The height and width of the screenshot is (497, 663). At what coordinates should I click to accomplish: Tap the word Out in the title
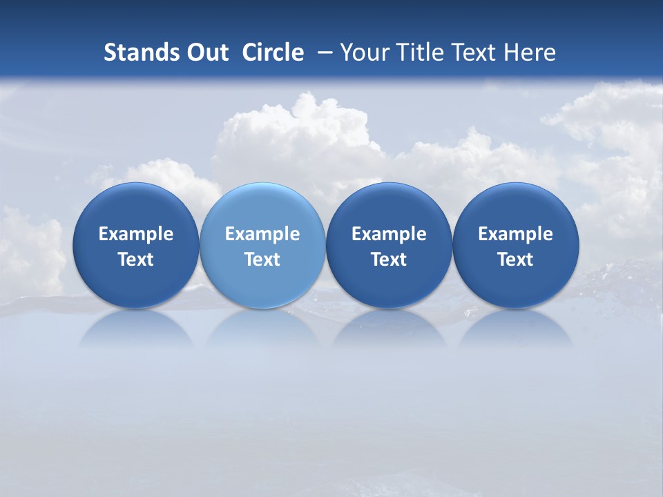(205, 52)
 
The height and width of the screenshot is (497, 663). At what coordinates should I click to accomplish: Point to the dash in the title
(325, 52)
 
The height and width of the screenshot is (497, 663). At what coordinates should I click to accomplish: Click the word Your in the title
(363, 52)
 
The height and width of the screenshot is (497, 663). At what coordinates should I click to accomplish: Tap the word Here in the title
(529, 52)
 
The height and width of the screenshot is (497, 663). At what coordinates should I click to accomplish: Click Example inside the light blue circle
(262, 234)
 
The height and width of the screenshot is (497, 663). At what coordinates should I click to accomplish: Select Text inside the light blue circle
(262, 260)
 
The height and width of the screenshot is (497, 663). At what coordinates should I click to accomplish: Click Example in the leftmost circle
(136, 234)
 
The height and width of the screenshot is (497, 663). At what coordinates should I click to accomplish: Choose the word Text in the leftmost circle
(136, 260)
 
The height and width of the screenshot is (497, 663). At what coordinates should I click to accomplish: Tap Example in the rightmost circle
(515, 234)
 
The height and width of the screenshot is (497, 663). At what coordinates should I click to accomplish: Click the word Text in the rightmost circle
(515, 260)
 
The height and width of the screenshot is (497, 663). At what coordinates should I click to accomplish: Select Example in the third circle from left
(389, 234)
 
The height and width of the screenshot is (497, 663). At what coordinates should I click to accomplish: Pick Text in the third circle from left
(389, 260)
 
